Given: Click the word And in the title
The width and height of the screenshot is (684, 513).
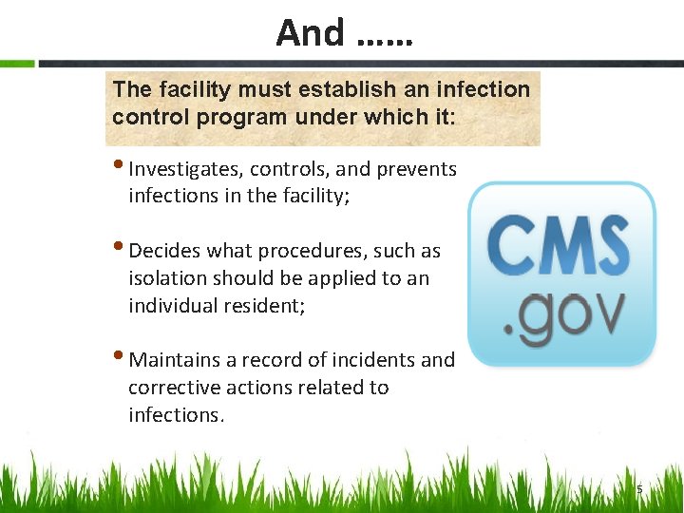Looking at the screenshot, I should tap(310, 33).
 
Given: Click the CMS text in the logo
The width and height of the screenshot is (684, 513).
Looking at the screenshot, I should tap(559, 246).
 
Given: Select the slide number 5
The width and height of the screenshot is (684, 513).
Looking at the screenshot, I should tap(639, 489).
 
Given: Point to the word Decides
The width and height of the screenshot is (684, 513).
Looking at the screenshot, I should tap(161, 252).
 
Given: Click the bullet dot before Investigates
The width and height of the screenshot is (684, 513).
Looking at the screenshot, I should tap(120, 166).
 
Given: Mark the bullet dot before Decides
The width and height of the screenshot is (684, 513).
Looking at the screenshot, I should tap(120, 248).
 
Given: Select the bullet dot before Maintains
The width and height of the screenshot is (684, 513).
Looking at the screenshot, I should tap(120, 357).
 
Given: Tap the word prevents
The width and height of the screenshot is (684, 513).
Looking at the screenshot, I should tap(417, 170).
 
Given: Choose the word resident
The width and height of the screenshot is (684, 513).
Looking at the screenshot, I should tap(265, 307).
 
